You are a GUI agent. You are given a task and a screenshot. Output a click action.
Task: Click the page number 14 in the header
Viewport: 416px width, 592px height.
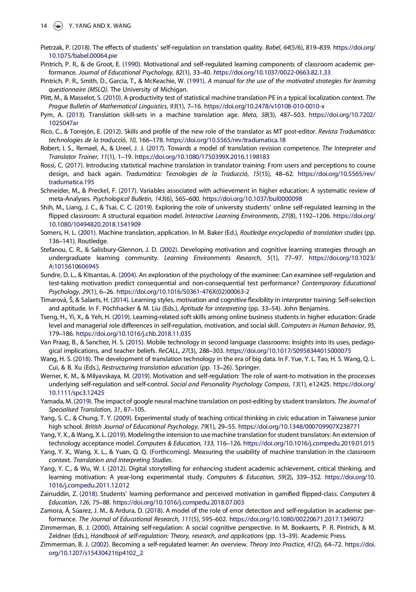tap(44, 26)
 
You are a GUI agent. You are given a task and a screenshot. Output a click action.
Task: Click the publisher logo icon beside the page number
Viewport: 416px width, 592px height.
tap(58, 26)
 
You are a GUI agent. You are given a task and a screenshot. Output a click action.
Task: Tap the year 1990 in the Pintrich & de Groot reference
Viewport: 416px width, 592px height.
tap(131, 64)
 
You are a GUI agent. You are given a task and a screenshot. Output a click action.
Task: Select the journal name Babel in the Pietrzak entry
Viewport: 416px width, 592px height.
tap(272, 47)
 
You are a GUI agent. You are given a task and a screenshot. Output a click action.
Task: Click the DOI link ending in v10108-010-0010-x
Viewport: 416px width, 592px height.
tap(264, 106)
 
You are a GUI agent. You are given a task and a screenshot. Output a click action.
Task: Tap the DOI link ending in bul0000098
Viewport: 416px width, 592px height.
tap(252, 199)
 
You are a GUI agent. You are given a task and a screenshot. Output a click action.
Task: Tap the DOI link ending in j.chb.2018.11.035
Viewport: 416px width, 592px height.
tap(133, 334)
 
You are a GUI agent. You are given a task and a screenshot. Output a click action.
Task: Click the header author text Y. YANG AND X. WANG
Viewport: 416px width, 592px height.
tap(100, 26)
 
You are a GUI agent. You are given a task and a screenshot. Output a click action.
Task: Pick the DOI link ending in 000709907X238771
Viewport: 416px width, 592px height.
tap(299, 426)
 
